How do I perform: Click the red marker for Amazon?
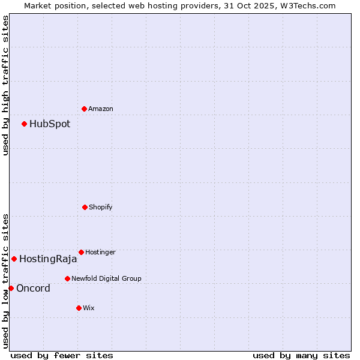(x=84, y=109)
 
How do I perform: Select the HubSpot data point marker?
(x=24, y=124)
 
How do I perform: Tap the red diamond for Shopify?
(x=85, y=207)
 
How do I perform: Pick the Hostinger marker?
(x=81, y=252)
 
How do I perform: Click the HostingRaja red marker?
(x=14, y=259)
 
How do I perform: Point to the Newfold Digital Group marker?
(x=67, y=278)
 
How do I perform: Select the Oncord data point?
(x=11, y=289)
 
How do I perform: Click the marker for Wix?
(x=79, y=308)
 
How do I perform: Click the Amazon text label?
(x=101, y=109)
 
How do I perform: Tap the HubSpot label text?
(x=50, y=124)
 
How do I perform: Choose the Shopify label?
(x=101, y=207)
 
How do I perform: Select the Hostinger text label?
(x=100, y=252)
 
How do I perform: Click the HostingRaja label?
(x=48, y=259)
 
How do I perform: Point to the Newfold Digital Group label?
(x=106, y=278)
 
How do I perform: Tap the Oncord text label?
(x=33, y=289)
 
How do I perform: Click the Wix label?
(x=89, y=308)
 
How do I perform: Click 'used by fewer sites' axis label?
(x=62, y=355)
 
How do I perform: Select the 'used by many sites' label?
(x=301, y=355)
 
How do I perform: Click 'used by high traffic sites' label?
(x=5, y=85)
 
